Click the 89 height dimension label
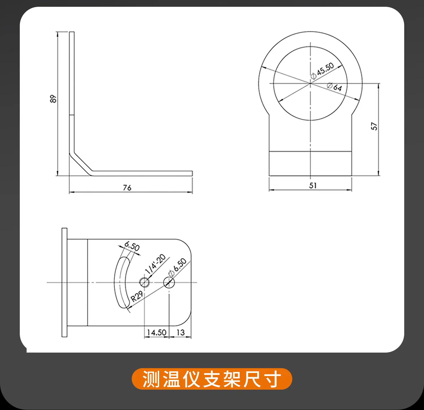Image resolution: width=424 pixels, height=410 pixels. click(x=53, y=99)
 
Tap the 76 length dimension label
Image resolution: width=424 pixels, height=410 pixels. click(x=127, y=188)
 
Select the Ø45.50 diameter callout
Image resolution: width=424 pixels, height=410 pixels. click(x=322, y=71)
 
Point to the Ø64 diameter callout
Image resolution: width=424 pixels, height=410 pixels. click(x=334, y=87)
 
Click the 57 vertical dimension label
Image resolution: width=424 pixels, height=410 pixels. click(x=374, y=126)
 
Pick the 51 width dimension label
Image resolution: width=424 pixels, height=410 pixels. click(x=313, y=185)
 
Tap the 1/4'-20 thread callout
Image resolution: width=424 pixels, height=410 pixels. click(x=155, y=264)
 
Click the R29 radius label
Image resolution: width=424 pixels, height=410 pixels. click(x=137, y=296)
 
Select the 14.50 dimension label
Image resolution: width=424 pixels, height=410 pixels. click(x=157, y=333)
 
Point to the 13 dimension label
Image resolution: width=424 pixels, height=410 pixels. click(x=181, y=333)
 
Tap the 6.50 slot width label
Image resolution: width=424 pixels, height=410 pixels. click(x=132, y=246)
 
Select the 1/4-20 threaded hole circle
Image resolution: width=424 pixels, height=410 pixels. click(x=144, y=282)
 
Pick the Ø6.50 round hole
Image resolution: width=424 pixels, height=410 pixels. click(x=169, y=282)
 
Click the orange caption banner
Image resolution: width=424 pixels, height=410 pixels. click(x=212, y=379)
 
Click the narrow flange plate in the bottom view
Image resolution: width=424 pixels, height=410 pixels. click(x=64, y=282)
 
